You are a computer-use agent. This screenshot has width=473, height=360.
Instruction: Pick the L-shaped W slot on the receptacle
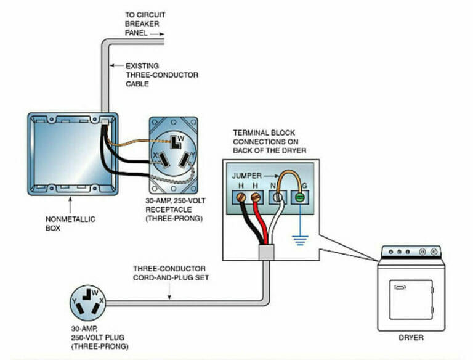[x=176, y=142]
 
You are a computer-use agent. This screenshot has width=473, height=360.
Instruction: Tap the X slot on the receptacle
[x=162, y=162]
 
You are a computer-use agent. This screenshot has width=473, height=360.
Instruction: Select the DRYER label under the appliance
[x=411, y=338]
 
